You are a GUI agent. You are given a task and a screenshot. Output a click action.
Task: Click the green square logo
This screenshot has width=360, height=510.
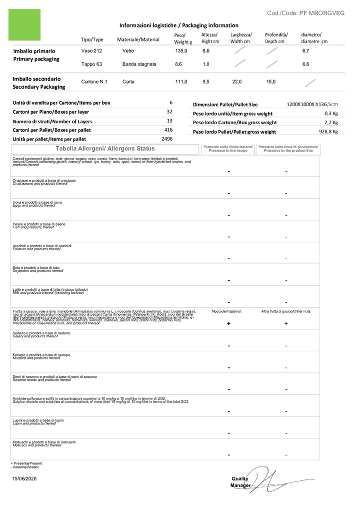point(25,25)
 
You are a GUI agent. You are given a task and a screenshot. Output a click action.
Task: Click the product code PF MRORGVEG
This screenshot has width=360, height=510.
point(305,13)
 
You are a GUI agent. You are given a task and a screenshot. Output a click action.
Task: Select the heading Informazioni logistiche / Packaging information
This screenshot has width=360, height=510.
point(178,25)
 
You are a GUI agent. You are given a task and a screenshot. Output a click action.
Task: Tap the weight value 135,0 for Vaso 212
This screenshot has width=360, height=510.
point(180,51)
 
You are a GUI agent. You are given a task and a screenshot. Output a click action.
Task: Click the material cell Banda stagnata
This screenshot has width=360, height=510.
point(139,64)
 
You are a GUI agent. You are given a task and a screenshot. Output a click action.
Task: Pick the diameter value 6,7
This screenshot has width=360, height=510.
point(305,51)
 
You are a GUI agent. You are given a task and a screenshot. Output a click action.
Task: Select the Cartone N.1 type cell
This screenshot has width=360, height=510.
point(94,82)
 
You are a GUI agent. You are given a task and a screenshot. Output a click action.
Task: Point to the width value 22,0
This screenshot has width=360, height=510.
point(236,82)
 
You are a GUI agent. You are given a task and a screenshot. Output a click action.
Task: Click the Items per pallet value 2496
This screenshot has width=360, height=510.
point(166,139)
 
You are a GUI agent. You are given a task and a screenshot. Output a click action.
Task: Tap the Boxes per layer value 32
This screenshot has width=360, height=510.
point(169,112)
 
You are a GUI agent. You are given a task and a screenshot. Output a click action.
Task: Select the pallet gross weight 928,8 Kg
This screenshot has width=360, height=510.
point(328,132)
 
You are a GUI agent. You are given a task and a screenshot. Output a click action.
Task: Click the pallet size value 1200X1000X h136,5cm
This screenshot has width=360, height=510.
point(312,105)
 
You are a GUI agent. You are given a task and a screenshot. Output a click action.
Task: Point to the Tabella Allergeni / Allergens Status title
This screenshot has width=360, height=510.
point(105,149)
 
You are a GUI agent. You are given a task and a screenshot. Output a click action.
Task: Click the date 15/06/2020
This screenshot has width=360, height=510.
point(24,479)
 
